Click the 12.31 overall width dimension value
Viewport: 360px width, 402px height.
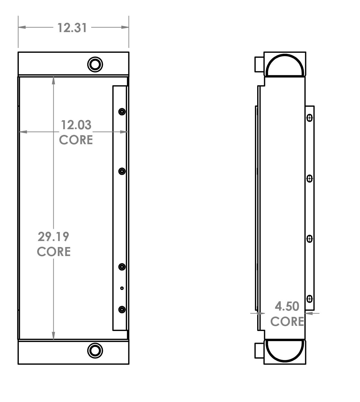point(72,28)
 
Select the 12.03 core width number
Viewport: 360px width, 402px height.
point(76,125)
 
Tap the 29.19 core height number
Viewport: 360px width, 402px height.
point(53,237)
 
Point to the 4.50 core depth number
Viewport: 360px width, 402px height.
point(287,306)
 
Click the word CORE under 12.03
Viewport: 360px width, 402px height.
point(76,140)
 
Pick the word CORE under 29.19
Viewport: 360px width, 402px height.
point(54,252)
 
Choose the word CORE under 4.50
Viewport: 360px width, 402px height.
point(287,321)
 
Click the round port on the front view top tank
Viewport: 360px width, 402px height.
point(95,64)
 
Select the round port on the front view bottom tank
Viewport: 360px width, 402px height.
point(95,350)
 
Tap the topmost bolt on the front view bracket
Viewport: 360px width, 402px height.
point(122,112)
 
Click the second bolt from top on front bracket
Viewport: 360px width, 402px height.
point(122,171)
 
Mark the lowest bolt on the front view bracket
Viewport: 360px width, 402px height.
point(122,310)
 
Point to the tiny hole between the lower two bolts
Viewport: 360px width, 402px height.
point(122,288)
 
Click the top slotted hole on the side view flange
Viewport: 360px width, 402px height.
point(310,118)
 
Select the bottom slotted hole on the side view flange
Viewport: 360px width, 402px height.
point(310,299)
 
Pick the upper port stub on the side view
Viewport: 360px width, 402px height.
point(259,64)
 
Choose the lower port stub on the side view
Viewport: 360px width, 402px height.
point(259,351)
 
